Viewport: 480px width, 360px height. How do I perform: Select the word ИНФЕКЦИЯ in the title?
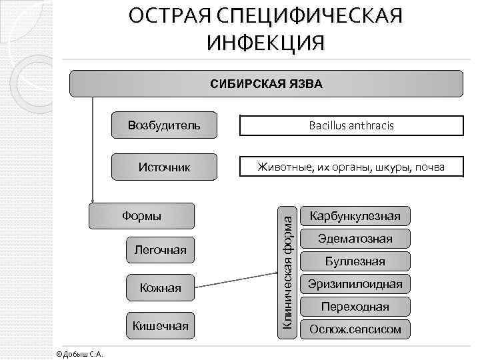coord(266,43)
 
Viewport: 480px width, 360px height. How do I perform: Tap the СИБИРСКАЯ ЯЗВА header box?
coord(267,84)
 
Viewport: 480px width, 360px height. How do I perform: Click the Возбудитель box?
coord(164,125)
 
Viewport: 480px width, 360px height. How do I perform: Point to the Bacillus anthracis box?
coord(351,125)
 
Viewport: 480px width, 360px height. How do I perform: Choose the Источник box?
coord(164,167)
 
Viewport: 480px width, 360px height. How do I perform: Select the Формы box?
coord(141,215)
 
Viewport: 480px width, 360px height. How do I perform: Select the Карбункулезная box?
coord(355,215)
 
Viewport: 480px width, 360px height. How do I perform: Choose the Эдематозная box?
coord(355,239)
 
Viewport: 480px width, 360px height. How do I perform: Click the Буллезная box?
coord(355,261)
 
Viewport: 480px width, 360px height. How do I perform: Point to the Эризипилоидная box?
coord(355,284)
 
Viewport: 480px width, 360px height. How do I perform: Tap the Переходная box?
coord(355,307)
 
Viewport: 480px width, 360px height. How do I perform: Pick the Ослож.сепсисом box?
coord(355,329)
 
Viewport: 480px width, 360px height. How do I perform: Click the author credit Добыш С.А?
coord(79,353)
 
